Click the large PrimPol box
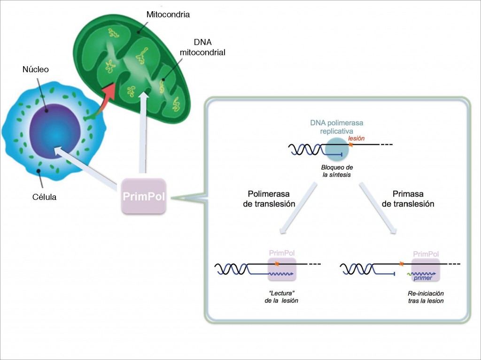(x=143, y=196)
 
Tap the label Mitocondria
(x=168, y=15)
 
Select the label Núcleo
(x=36, y=69)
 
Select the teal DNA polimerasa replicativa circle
(x=337, y=149)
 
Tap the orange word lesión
(x=356, y=139)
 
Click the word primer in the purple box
(x=423, y=278)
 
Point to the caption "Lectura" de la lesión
(x=281, y=297)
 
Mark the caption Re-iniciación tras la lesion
(x=426, y=297)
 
